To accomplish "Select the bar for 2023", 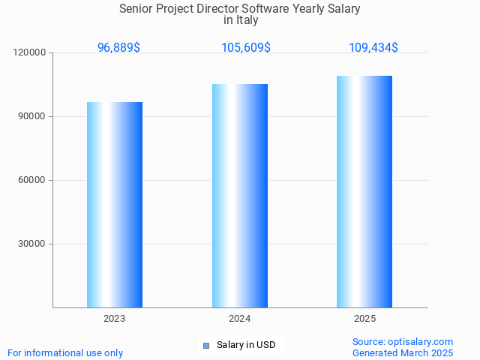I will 115,205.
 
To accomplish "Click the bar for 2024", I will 240,196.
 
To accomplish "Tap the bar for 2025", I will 364,191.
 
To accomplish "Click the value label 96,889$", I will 118,47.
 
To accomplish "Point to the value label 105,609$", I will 246,47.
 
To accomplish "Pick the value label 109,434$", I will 373,47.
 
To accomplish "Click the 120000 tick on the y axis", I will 30,52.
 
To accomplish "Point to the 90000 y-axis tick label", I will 32,116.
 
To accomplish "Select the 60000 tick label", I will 32,180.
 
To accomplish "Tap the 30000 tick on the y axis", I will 32,244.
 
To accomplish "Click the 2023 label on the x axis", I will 115,319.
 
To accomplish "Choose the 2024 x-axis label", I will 240,319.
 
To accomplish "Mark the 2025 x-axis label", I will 365,319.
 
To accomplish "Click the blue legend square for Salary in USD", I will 206,346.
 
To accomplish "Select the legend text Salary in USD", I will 246,345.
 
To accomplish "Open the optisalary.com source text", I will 403,341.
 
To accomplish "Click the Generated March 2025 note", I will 403,352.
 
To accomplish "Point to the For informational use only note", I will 65,352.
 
